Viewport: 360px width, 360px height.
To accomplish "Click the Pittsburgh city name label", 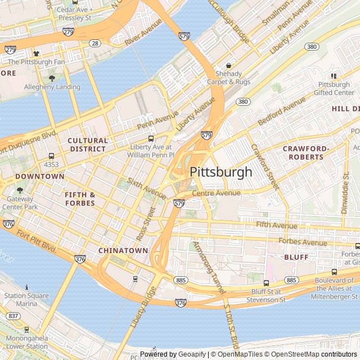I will (221, 172).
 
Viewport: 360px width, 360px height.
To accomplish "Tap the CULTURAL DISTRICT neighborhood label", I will (87, 145).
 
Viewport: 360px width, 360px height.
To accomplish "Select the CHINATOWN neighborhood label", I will (123, 250).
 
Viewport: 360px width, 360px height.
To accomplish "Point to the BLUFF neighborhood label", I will (296, 257).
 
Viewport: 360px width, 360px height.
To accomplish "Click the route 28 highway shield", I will (95, 43).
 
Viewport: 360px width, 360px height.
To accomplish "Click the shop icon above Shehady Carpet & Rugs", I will (228, 65).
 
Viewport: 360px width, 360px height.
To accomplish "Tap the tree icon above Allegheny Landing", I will (52, 78).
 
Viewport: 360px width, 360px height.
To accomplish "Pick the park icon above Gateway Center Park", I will (20, 191).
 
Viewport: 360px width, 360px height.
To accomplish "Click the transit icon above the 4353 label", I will (52, 156).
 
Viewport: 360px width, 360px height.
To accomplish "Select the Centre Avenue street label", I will (216, 193).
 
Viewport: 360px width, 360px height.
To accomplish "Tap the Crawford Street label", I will (265, 165).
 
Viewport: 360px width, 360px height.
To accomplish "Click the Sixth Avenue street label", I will (147, 189).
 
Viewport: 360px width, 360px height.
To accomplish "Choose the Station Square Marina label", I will (24, 299).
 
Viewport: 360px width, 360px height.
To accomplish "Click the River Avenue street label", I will (143, 34).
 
